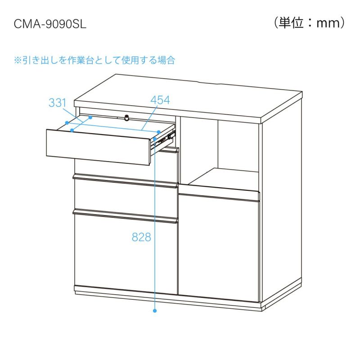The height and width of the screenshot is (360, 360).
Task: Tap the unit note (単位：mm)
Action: [310, 22]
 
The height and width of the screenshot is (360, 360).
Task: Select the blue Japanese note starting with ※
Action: [94, 60]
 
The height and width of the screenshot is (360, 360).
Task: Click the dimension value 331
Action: [58, 103]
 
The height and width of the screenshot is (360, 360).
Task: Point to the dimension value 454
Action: [160, 100]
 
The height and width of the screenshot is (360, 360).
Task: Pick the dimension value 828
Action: [141, 238]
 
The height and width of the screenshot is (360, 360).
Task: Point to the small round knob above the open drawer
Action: [126, 118]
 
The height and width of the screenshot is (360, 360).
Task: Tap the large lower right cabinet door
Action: [219, 247]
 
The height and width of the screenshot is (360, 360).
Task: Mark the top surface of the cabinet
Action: [189, 97]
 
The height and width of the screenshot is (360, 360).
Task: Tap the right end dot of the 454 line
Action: [159, 132]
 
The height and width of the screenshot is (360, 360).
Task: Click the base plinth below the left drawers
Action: [126, 293]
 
